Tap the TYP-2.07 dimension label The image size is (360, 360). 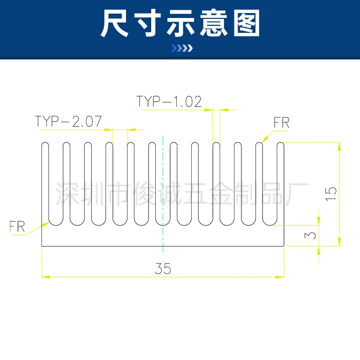(x=68, y=121)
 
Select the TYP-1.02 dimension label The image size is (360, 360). (x=169, y=101)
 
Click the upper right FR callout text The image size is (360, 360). (x=281, y=122)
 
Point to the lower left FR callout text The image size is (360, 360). (x=17, y=226)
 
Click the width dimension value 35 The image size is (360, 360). (x=163, y=269)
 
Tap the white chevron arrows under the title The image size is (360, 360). (x=182, y=49)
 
